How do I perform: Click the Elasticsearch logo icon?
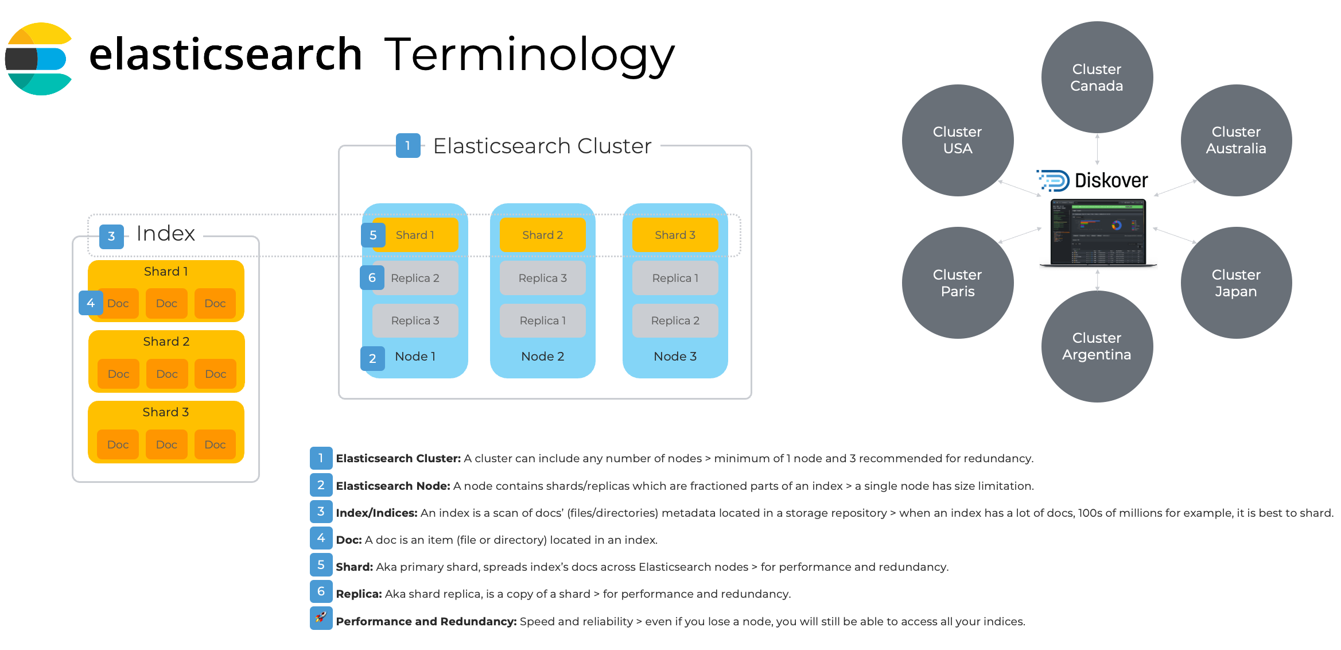38,59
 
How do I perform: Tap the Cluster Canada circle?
1097,78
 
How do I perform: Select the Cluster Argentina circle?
1097,346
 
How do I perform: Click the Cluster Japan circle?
1235,283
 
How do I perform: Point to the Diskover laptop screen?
1097,231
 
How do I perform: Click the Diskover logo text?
1110,180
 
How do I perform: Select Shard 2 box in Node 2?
542,235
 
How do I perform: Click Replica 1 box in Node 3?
675,278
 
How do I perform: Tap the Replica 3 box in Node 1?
415,320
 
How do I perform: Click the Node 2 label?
542,356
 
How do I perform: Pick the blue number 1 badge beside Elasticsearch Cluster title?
408,146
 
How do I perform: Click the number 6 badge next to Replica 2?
372,278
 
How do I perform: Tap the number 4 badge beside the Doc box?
90,303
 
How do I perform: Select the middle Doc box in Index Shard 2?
166,374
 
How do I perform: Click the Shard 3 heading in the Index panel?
165,412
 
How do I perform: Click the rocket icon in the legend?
321,618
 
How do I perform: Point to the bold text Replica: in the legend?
359,594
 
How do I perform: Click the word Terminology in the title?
529,55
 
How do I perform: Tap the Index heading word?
165,234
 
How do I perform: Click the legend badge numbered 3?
321,512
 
